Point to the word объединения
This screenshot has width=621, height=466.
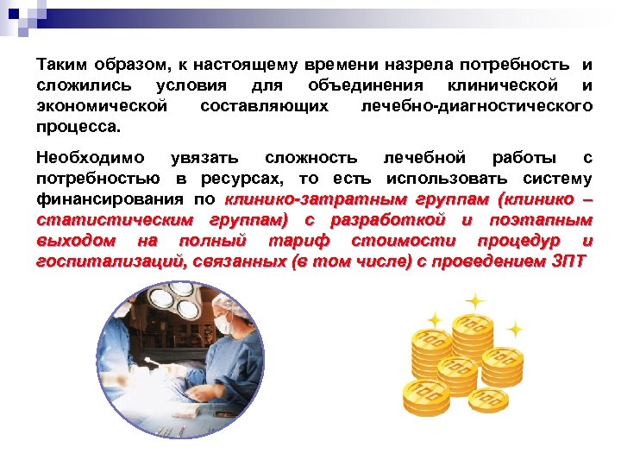[x=366, y=85]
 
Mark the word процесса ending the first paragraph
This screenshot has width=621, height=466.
[x=78, y=127]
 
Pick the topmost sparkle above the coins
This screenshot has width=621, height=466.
[x=474, y=301]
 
